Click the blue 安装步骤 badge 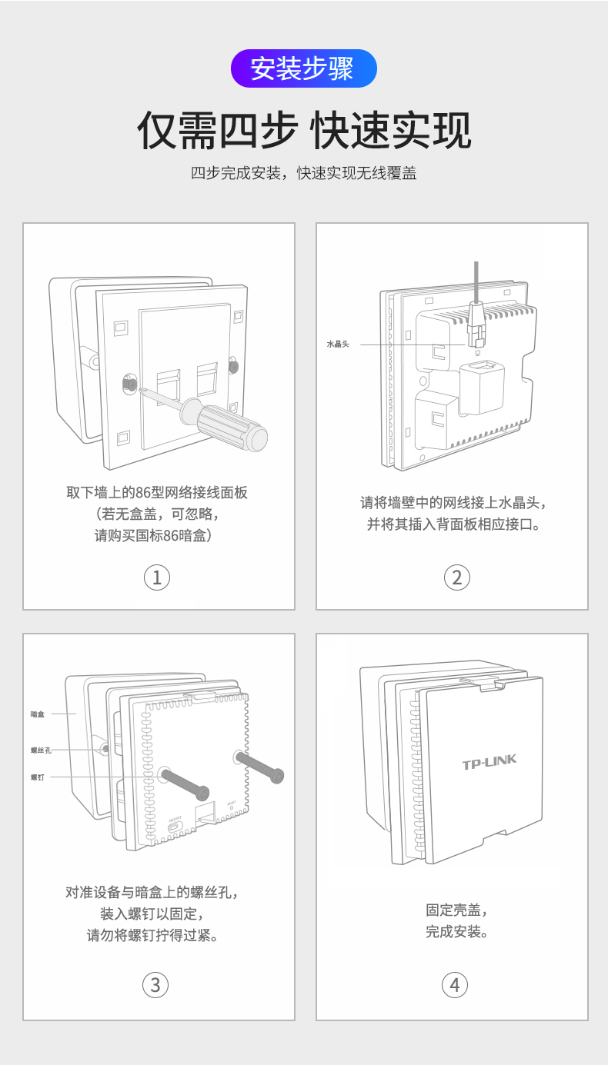pyautogui.click(x=303, y=68)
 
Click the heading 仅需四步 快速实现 pyautogui.click(x=303, y=130)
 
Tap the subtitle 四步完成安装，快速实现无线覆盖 pyautogui.click(x=303, y=173)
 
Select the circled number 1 pyautogui.click(x=157, y=577)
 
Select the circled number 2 pyautogui.click(x=456, y=577)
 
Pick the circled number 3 pyautogui.click(x=156, y=984)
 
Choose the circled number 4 pyautogui.click(x=455, y=984)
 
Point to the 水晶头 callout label pyautogui.click(x=338, y=344)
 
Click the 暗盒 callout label pyautogui.click(x=38, y=714)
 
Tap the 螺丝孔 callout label pyautogui.click(x=41, y=750)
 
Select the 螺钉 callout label pyautogui.click(x=38, y=777)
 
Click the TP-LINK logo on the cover pyautogui.click(x=489, y=763)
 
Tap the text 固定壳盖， pyautogui.click(x=456, y=910)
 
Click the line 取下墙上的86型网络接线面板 pyautogui.click(x=157, y=493)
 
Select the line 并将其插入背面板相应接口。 pyautogui.click(x=453, y=525)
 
